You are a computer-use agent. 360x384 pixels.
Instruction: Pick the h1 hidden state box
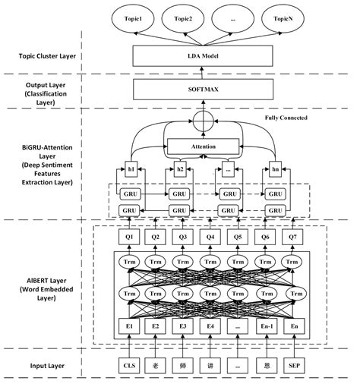[x=131, y=168]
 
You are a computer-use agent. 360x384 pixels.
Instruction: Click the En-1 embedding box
[x=264, y=327]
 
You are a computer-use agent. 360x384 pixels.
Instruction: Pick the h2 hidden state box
[x=180, y=168]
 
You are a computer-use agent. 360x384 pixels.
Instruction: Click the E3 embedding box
[x=182, y=327]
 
